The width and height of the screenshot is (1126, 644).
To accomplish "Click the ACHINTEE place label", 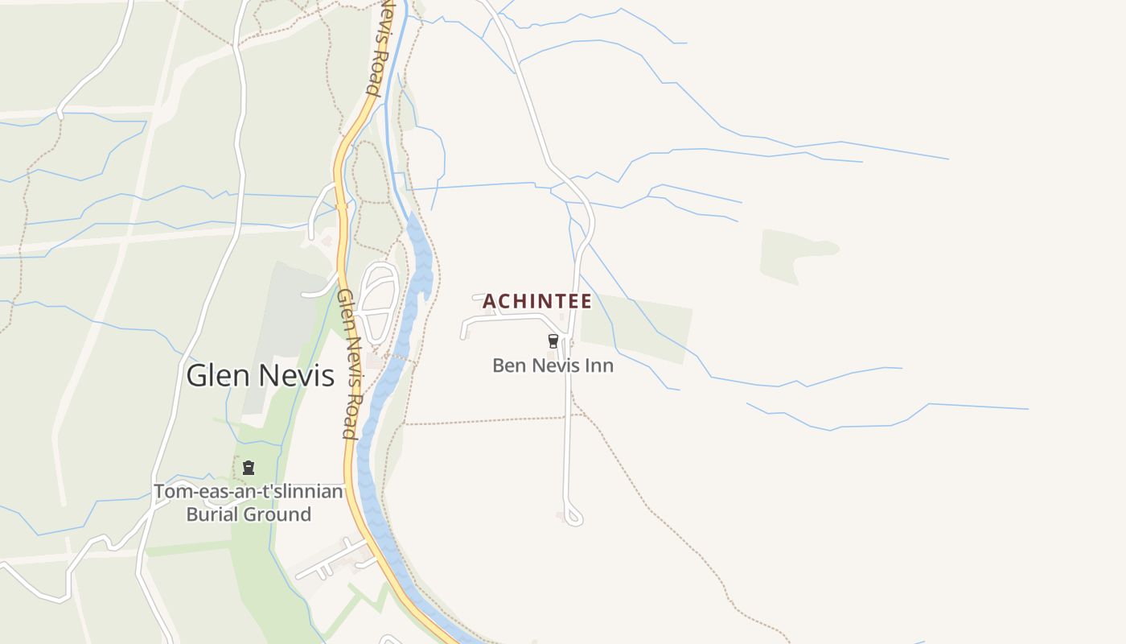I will (537, 301).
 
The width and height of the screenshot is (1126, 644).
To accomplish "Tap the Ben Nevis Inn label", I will (553, 365).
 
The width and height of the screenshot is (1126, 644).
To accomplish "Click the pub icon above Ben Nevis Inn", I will (553, 341).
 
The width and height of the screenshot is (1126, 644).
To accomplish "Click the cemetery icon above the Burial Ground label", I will (249, 467).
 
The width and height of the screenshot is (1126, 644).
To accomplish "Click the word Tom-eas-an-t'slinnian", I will (249, 491).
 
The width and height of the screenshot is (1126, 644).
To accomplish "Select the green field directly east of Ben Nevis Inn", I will (635, 326).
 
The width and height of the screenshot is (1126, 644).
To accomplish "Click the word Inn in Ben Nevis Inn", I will (600, 365).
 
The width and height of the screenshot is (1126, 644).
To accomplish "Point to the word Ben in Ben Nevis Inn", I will (508, 365).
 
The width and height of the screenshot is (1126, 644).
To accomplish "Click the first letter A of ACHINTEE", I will (489, 301).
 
